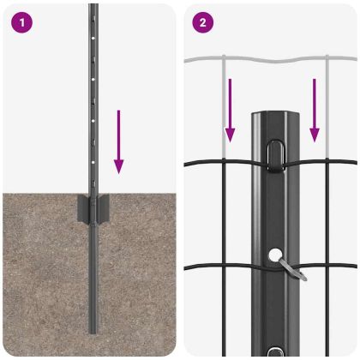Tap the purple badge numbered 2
(x=201, y=23)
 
